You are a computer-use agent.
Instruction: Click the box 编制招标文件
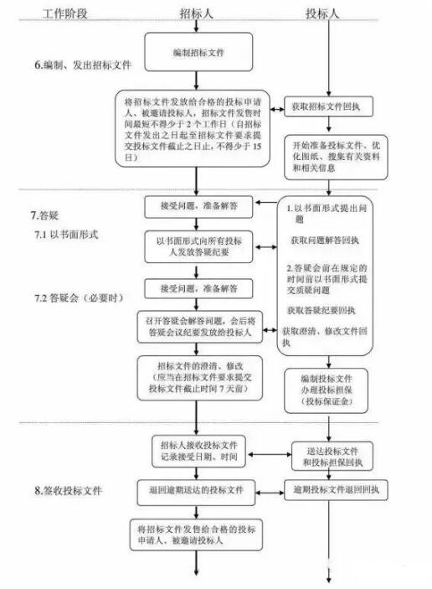coord(198,52)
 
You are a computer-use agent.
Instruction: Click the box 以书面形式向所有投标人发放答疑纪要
coord(198,245)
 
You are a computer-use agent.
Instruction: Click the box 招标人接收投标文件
coord(198,449)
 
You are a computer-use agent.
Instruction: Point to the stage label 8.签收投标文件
coord(69,490)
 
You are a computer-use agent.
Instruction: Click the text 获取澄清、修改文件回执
coord(327,332)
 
